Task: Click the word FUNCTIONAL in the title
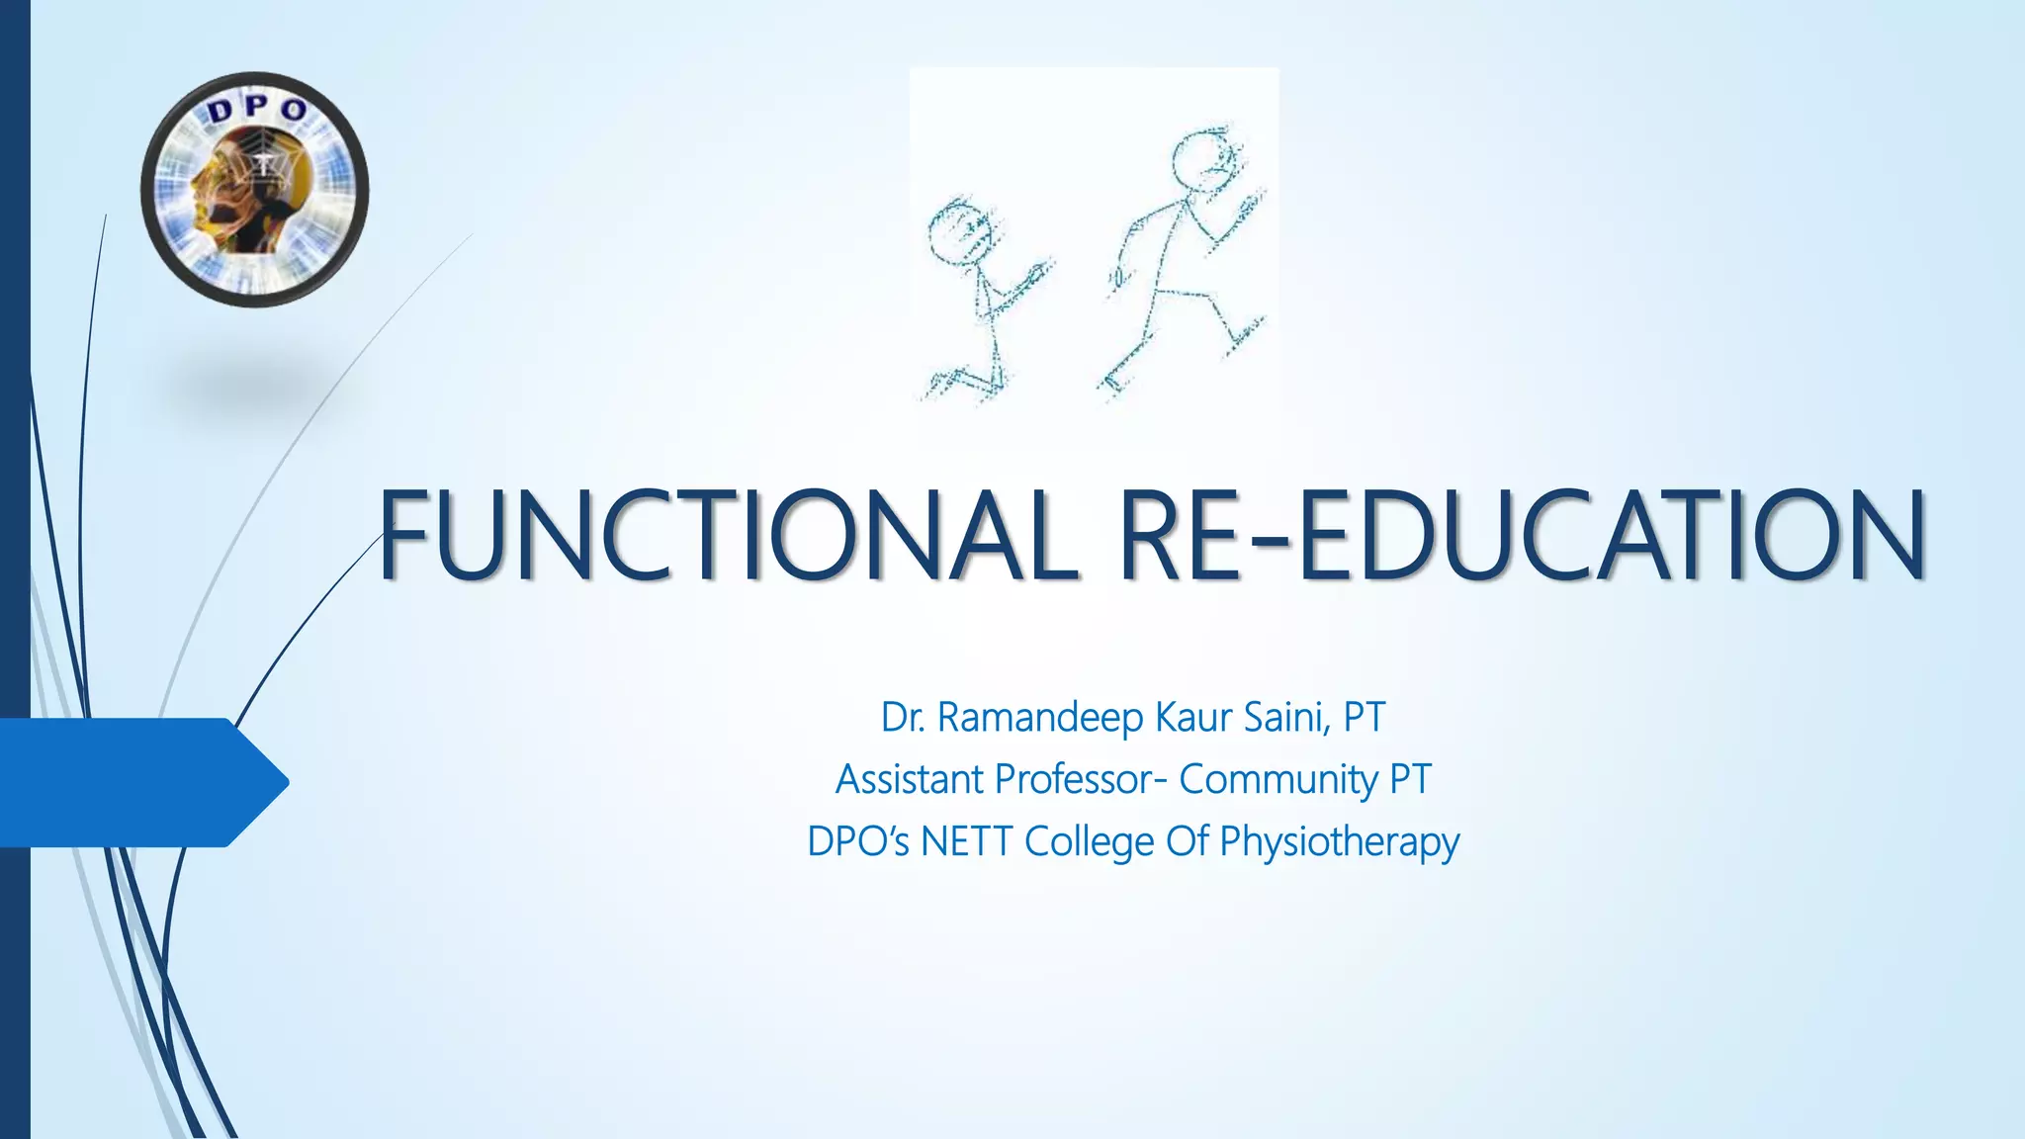727,535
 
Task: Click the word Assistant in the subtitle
910,780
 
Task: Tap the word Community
1278,780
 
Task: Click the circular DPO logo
254,189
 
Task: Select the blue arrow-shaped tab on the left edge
143,782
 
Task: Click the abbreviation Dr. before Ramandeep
903,718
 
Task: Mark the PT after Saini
1365,718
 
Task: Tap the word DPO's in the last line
857,842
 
